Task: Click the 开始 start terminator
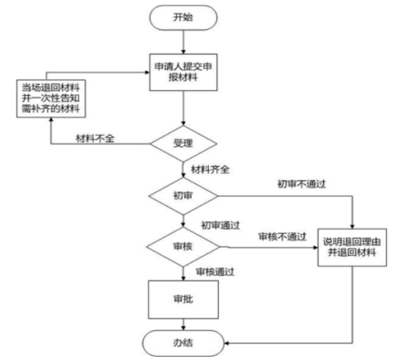click(x=184, y=18)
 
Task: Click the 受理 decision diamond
click(x=184, y=142)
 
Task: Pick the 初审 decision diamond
click(x=184, y=194)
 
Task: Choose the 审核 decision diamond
click(x=184, y=245)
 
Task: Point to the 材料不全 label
click(x=95, y=138)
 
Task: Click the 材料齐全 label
click(x=210, y=169)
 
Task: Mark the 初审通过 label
click(x=220, y=224)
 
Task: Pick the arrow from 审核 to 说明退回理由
click(x=268, y=247)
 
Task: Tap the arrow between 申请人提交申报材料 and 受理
click(x=184, y=108)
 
